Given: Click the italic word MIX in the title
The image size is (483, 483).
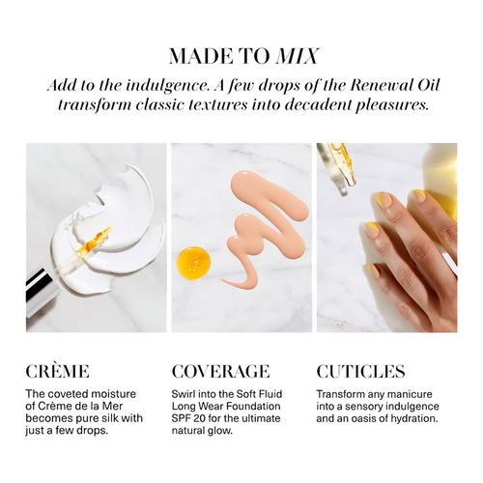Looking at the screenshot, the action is pyautogui.click(x=298, y=56).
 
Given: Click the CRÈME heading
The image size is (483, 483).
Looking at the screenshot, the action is pyautogui.click(x=57, y=371).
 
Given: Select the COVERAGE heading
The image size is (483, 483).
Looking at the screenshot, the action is pyautogui.click(x=220, y=371).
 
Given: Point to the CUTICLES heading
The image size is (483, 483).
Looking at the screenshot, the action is pyautogui.click(x=360, y=371).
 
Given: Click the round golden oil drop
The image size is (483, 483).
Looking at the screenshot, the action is pyautogui.click(x=193, y=262).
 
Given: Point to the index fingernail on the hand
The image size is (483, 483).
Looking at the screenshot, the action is pyautogui.click(x=418, y=195).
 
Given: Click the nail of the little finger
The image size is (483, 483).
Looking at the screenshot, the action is pyautogui.click(x=375, y=271).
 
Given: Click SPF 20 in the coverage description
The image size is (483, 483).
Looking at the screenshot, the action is pyautogui.click(x=187, y=418).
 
